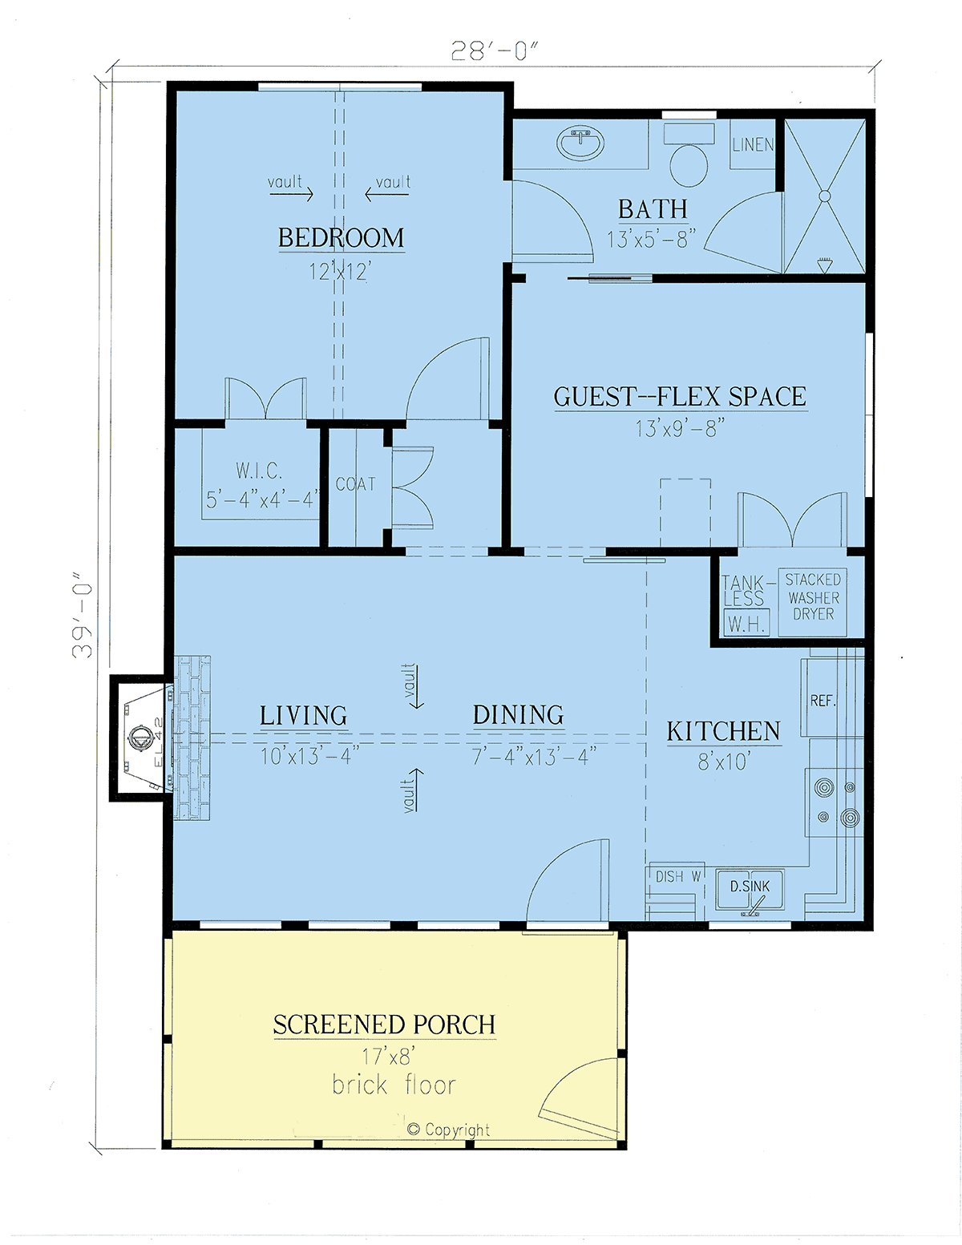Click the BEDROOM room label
pos(341,238)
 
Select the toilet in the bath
pos(689,155)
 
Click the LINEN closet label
pos(753,145)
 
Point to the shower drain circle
pos(824,196)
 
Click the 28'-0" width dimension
pos(495,51)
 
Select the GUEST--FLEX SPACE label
pos(680,397)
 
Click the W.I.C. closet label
pos(259,471)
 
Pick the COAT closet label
pos(356,484)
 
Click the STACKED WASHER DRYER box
pos(812,602)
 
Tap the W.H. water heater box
pos(746,624)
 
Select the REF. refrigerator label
pos(823,701)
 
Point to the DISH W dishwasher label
pos(678,876)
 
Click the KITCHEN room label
pos(724,732)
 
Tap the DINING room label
pos(518,716)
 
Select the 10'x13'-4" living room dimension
pos(309,756)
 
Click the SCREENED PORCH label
pos(385,1025)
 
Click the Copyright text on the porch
pos(449,1130)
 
